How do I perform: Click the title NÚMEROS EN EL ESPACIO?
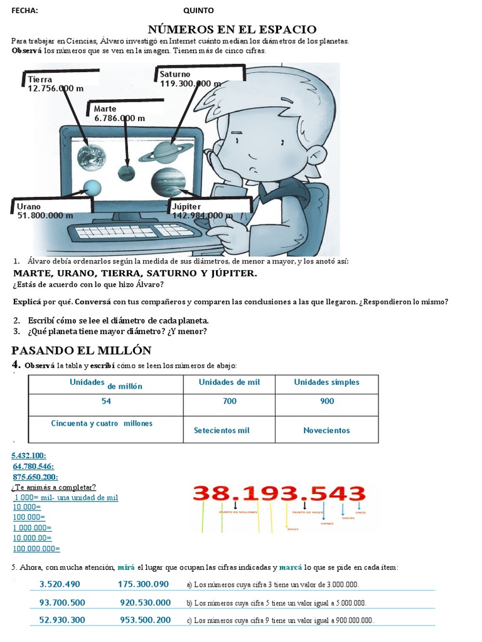(232, 29)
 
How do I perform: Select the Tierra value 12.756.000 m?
(56, 88)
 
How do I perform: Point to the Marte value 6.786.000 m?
(119, 118)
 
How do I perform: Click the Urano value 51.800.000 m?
(46, 215)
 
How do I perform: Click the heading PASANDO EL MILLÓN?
(82, 350)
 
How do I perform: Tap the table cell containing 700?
(230, 401)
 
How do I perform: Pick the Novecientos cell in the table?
(326, 430)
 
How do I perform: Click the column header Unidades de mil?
(229, 382)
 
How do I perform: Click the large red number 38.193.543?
(279, 493)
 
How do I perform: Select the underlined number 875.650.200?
(34, 476)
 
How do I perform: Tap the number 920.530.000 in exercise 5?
(145, 603)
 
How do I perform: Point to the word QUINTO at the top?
(198, 11)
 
